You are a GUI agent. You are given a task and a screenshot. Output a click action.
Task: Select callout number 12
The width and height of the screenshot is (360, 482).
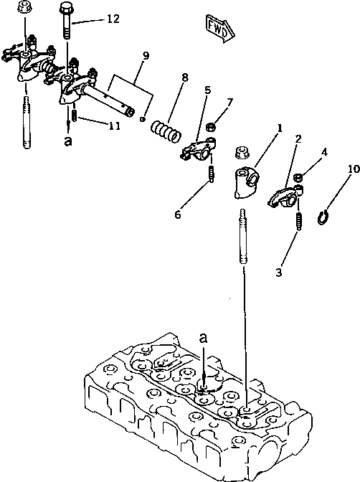tap(113, 19)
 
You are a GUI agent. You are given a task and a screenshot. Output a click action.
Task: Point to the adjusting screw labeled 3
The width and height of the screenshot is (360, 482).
tap(296, 230)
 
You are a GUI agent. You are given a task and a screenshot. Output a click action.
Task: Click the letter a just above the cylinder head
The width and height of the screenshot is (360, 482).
tap(204, 337)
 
